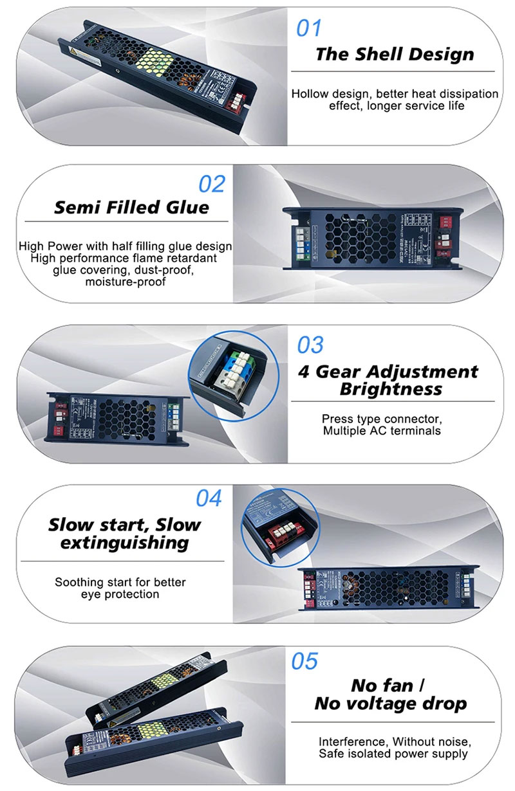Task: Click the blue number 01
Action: (x=308, y=28)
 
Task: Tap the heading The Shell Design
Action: (x=395, y=54)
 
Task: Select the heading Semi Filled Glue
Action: (x=131, y=208)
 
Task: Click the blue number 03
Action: (x=310, y=345)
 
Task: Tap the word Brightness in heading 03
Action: (x=391, y=389)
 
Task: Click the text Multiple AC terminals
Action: (x=382, y=431)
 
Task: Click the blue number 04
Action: (x=209, y=498)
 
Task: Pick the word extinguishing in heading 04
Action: (x=124, y=543)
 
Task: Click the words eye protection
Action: (x=120, y=594)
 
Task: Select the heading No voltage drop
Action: (x=390, y=704)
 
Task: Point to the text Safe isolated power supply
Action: (x=393, y=753)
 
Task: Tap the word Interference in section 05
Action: (x=351, y=741)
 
